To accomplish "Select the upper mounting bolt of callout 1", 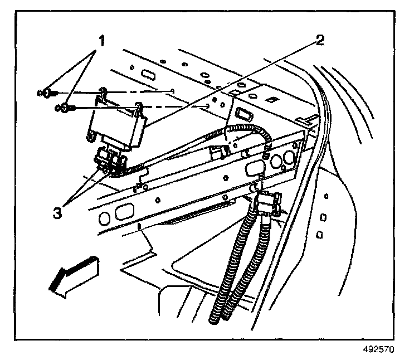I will point(47,92).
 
